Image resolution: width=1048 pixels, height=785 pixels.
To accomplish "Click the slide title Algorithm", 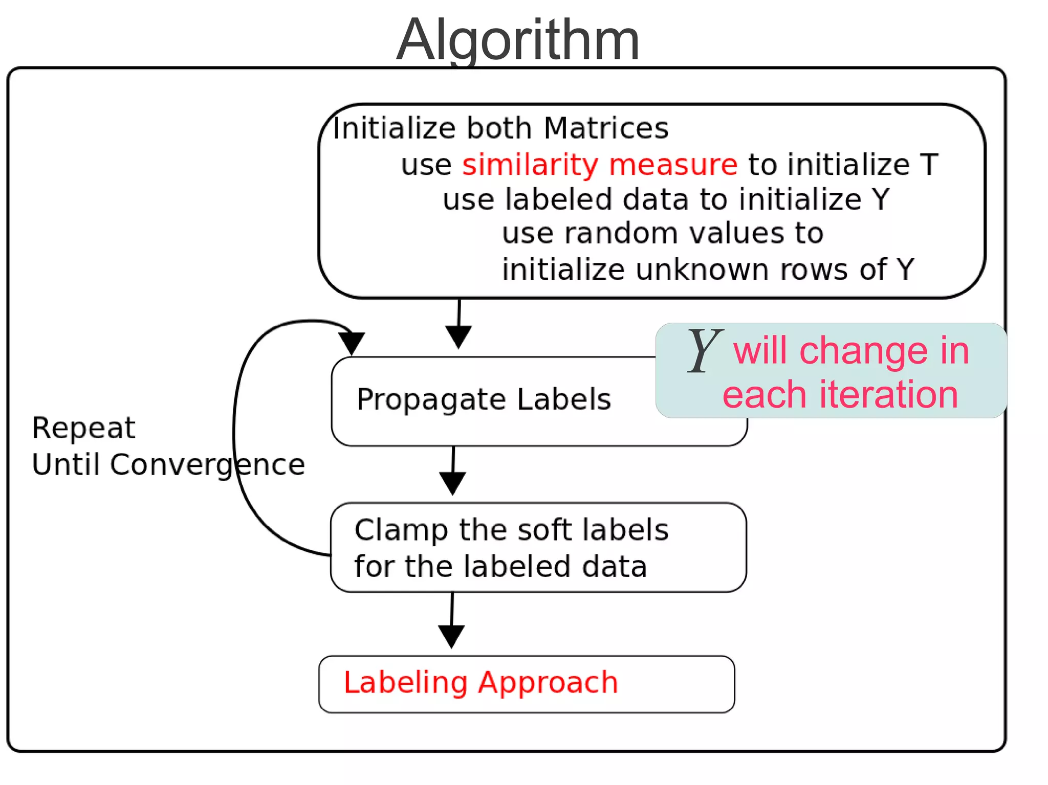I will (x=518, y=40).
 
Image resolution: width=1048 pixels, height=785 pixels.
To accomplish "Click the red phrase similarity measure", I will (x=599, y=165).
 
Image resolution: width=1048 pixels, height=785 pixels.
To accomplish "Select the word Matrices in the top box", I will (x=606, y=128).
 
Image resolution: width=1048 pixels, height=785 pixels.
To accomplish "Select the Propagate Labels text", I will (x=484, y=399).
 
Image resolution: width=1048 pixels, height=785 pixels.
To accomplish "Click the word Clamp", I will (x=401, y=530).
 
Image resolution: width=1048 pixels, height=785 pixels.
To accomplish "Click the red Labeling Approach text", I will (x=481, y=683).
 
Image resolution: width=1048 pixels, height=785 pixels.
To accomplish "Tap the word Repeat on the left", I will (x=83, y=428).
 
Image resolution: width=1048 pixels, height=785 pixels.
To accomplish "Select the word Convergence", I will (x=207, y=465).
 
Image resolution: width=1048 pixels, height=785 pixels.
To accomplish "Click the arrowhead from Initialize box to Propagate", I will (x=458, y=337).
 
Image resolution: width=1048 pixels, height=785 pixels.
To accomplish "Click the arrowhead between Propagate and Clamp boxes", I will (x=453, y=482).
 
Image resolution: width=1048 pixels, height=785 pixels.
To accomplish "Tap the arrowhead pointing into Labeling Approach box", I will (x=451, y=636).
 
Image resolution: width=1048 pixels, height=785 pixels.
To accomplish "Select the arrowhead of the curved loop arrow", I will (x=352, y=342).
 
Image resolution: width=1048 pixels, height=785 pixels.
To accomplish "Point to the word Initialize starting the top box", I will (x=394, y=128).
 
